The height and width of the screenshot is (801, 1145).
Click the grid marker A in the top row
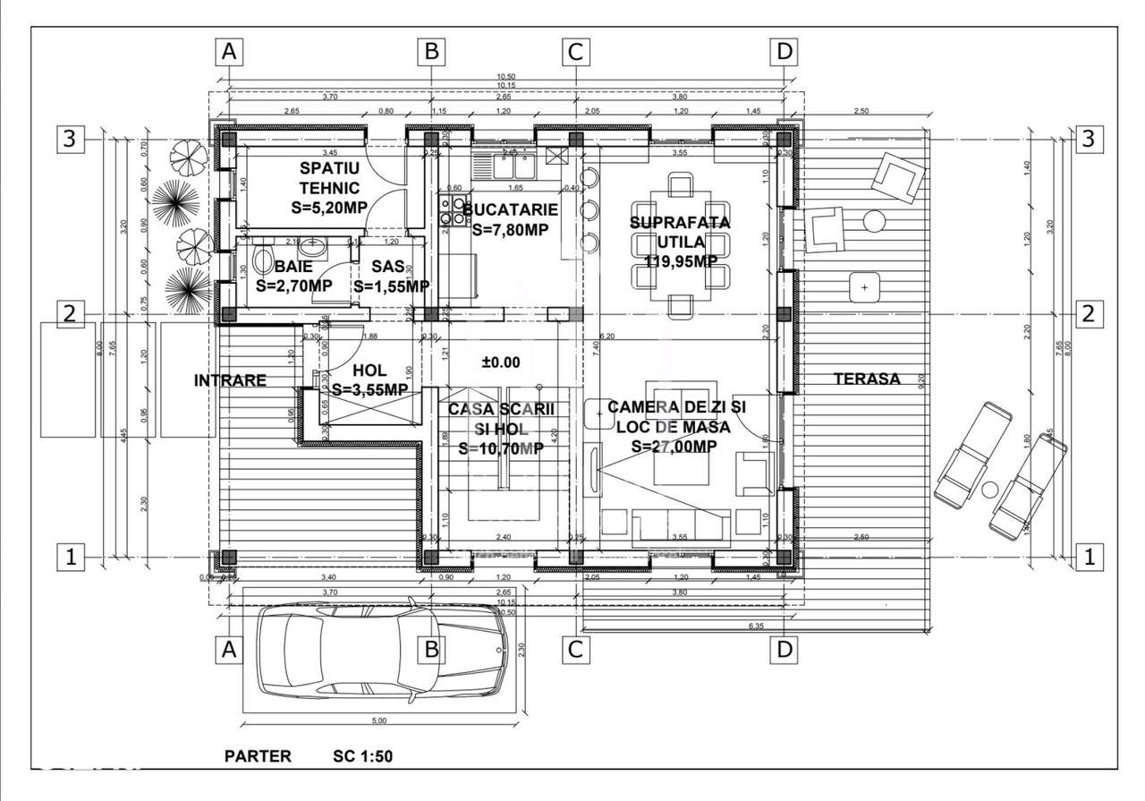click(230, 52)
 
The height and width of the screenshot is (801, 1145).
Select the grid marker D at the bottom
click(785, 650)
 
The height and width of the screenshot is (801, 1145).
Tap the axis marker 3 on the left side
click(71, 139)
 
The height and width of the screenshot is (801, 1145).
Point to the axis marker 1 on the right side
click(1089, 557)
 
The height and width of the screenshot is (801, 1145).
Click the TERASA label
click(867, 379)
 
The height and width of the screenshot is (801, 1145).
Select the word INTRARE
click(230, 380)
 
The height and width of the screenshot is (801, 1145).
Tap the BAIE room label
click(293, 267)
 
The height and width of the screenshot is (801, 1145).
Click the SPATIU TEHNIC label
click(329, 178)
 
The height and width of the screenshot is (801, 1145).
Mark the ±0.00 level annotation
click(501, 362)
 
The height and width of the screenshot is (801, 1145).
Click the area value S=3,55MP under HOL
click(369, 390)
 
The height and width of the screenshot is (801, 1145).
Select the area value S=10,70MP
click(501, 447)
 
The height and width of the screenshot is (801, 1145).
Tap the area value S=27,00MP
click(673, 447)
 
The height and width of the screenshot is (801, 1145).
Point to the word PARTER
click(258, 756)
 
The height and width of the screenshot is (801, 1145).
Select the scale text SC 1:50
click(357, 756)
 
